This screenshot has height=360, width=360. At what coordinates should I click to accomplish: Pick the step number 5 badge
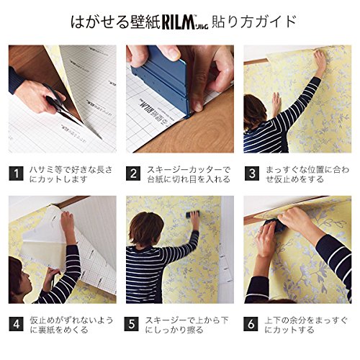(133, 325)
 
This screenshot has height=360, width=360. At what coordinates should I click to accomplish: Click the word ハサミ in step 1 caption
(42, 170)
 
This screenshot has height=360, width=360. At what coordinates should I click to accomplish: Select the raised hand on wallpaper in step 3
(320, 60)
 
